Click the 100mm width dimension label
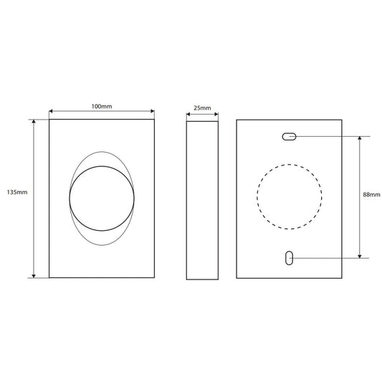click(102, 107)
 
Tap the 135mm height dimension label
click(17, 192)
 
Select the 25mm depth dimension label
click(202, 108)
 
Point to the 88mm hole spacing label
click(371, 195)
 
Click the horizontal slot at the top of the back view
click(289, 136)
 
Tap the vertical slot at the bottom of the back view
click(289, 258)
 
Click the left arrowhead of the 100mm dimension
click(51, 111)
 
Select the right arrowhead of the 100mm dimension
click(153, 111)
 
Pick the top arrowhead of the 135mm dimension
click(34, 121)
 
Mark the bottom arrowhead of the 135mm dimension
click(34, 276)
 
